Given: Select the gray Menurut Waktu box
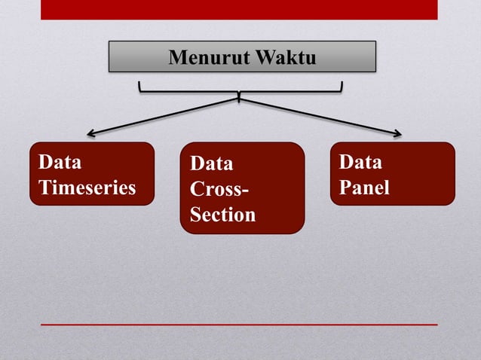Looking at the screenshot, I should [242, 56].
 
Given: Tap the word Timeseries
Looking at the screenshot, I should [87, 188].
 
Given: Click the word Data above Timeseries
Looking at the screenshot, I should [60, 162].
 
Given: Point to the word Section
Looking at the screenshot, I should [222, 215].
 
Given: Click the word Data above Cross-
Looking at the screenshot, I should [212, 163].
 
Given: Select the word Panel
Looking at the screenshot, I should [364, 188].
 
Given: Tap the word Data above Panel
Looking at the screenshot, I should [360, 162].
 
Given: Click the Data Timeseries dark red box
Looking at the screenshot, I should [92, 174].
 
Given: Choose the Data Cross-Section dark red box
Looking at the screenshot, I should [242, 188].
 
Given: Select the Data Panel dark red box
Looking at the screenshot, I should [392, 174].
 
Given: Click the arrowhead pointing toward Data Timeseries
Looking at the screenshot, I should [90, 134].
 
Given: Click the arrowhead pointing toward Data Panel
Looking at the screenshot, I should [397, 135].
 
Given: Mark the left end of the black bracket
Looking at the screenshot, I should [139, 84].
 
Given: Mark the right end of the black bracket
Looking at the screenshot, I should [342, 84].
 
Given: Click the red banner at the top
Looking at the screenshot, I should [239, 9].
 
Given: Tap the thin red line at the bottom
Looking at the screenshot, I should [239, 325].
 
